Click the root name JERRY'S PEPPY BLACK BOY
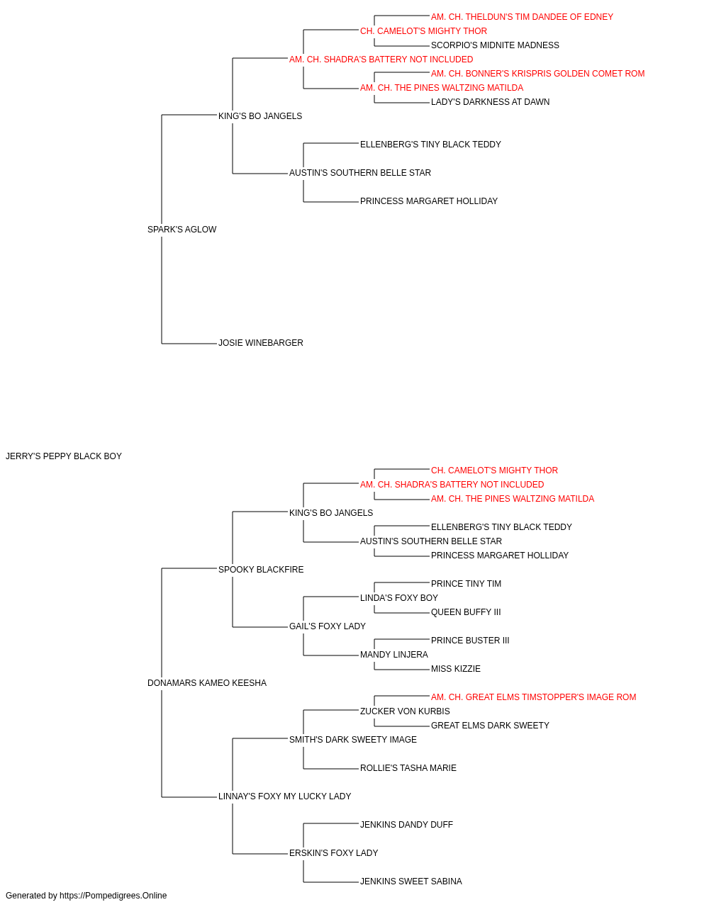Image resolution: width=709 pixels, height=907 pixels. pyautogui.click(x=64, y=456)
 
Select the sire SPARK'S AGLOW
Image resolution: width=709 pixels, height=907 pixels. pyautogui.click(x=182, y=230)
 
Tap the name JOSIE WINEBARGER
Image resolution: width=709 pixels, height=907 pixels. pyautogui.click(x=260, y=343)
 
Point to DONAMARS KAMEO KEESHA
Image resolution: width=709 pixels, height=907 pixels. pyautogui.click(x=207, y=683)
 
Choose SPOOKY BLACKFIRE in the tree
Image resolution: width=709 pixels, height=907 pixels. pyautogui.click(x=260, y=569)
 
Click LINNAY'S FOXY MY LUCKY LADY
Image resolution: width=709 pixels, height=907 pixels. pyautogui.click(x=284, y=796)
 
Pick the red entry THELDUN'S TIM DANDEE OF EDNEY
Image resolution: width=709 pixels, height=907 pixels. pyautogui.click(x=522, y=17)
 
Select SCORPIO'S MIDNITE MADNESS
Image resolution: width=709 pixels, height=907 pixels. pyautogui.click(x=495, y=45)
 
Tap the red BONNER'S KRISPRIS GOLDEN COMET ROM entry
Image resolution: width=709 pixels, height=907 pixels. pyautogui.click(x=538, y=74)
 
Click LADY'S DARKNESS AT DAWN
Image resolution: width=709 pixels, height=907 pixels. pyautogui.click(x=490, y=102)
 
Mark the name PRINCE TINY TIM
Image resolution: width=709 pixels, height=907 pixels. pyautogui.click(x=466, y=583)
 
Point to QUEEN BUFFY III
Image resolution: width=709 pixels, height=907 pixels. pyautogui.click(x=466, y=612)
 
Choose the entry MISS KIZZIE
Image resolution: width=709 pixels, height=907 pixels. pyautogui.click(x=456, y=669)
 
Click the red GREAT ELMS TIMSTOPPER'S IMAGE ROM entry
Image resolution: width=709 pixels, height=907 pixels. pyautogui.click(x=533, y=697)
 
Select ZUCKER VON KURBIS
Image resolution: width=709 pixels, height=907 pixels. pyautogui.click(x=405, y=711)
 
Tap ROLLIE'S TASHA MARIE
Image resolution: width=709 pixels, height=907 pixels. pyautogui.click(x=408, y=768)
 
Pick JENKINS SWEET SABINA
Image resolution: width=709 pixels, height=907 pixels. pyautogui.click(x=411, y=881)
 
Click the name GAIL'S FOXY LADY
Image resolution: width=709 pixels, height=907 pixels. pyautogui.click(x=327, y=626)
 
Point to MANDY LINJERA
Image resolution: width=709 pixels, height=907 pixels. pyautogui.click(x=393, y=655)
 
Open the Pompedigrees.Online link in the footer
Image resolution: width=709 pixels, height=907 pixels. pyautogui.click(x=113, y=896)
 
